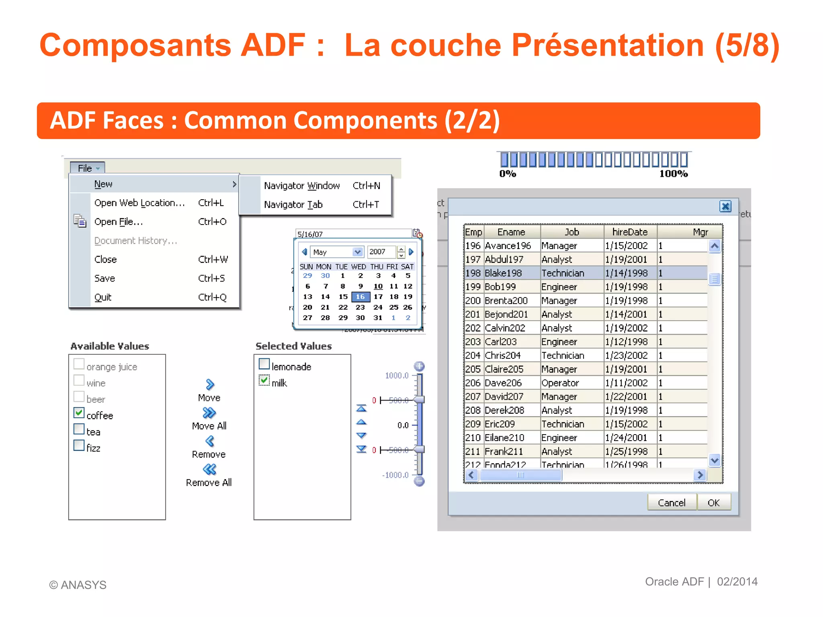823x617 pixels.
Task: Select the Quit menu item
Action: tap(103, 297)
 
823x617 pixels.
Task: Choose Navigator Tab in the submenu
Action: tap(293, 204)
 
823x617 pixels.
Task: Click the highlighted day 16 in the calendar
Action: tap(360, 297)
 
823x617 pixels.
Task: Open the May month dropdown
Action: tap(357, 252)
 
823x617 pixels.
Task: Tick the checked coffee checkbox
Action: tap(79, 413)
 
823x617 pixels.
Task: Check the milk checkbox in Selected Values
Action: tap(264, 380)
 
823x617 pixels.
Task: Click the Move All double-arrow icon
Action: tap(209, 413)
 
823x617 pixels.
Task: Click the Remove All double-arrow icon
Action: tap(209, 469)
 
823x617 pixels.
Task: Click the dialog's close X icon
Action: tap(725, 206)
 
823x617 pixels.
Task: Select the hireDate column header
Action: tap(630, 232)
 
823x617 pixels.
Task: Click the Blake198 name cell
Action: tap(503, 273)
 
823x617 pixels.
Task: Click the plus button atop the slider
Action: tap(419, 366)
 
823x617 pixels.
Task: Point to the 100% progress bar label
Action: tap(674, 174)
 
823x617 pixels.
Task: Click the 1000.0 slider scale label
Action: tap(396, 376)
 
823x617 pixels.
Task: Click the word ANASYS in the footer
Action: tap(84, 585)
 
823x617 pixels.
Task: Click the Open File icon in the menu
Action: tap(80, 221)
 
